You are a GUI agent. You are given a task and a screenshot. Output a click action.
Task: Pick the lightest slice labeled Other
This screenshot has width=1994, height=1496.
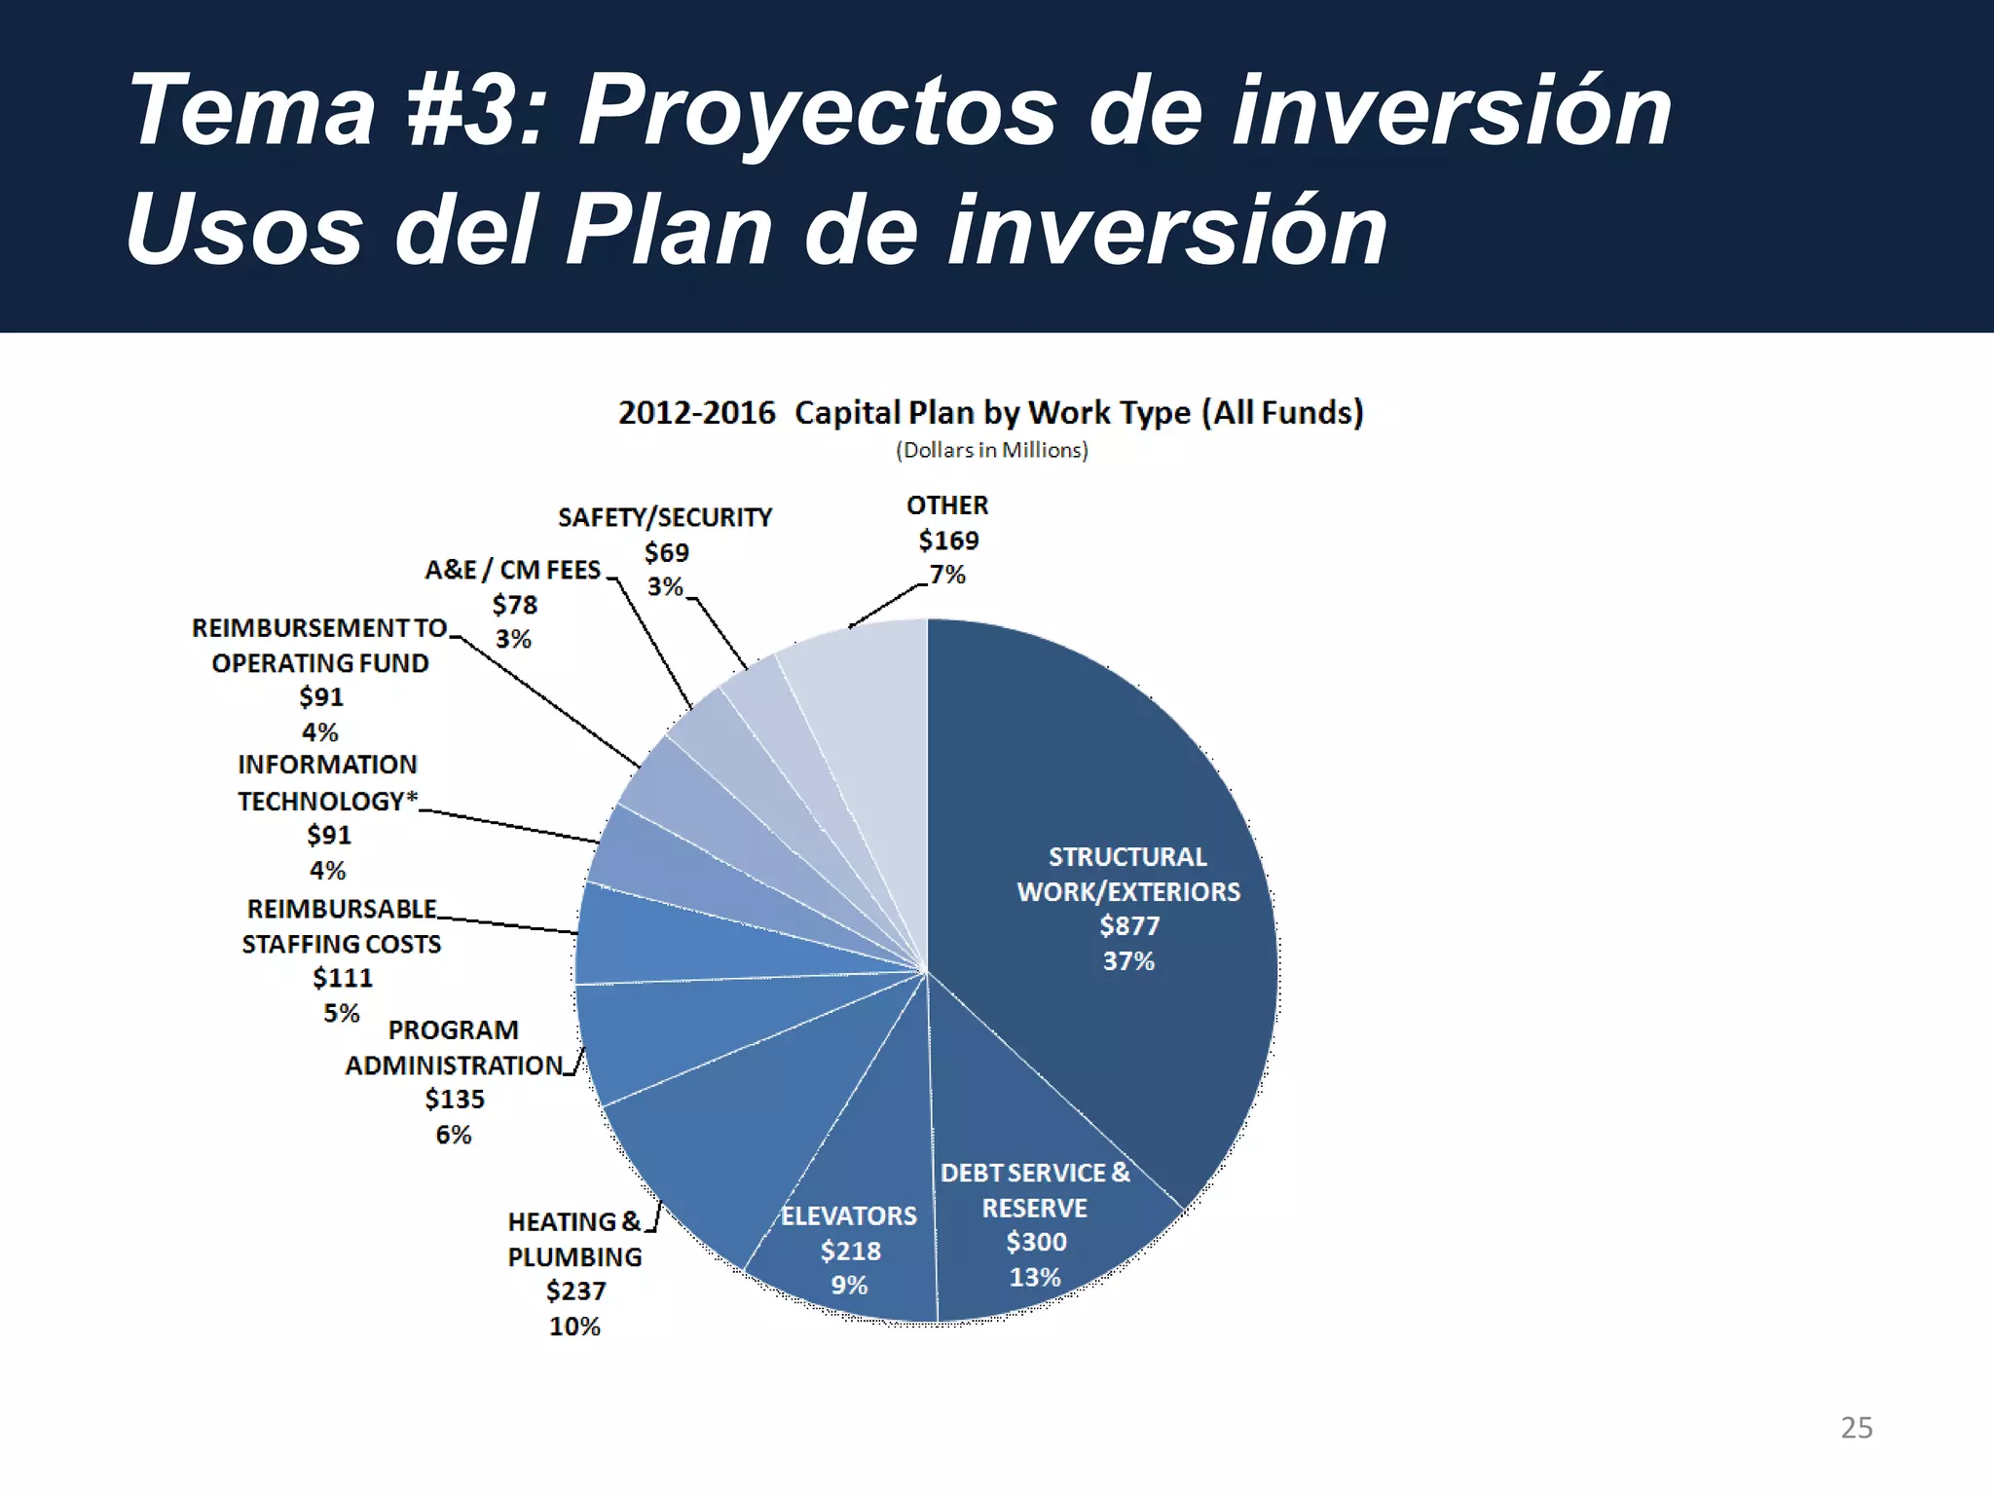pos(867,701)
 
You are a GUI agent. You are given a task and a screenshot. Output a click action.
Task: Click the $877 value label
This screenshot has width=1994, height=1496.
pos(1129,926)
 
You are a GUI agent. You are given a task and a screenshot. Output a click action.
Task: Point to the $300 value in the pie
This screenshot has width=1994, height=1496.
pos(1036,1242)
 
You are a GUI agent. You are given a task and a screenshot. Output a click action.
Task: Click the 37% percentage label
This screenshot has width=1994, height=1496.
pos(1128,961)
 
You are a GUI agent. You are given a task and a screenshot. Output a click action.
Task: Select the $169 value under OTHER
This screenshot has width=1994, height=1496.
pos(948,541)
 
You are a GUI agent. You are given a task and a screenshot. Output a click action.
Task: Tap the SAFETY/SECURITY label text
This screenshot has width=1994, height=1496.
pos(665,517)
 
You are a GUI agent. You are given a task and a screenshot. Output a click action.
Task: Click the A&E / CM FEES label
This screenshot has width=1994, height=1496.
pos(513,570)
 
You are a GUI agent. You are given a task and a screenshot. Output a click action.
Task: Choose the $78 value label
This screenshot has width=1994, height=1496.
pos(514,605)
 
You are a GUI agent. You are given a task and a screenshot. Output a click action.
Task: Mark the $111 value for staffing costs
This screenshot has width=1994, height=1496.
pos(342,978)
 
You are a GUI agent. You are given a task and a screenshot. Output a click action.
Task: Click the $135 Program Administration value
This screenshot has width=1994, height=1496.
pos(454,1100)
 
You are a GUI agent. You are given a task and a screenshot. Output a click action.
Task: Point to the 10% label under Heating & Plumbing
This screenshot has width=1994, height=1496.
pos(574,1327)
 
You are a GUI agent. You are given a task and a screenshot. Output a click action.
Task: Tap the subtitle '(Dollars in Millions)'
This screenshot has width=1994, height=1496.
pos(991,450)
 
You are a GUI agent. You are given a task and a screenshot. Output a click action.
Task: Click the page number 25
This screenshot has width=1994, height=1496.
pos(1856,1428)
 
